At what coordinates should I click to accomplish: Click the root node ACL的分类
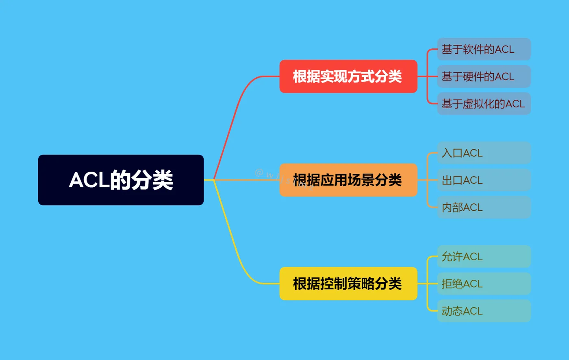[121, 180]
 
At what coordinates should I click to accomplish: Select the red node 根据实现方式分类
[348, 76]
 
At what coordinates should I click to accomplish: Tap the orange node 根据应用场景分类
[348, 180]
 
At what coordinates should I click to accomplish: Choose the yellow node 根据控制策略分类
[348, 284]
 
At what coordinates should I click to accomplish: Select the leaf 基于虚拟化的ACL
[484, 104]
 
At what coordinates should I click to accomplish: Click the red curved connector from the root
[230, 122]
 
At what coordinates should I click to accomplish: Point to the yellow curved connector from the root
[230, 238]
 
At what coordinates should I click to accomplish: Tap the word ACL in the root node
[89, 180]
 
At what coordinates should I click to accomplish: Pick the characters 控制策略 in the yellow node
[347, 284]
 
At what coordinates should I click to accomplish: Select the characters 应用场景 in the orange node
[347, 180]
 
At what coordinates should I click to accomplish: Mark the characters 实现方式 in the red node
[347, 76]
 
